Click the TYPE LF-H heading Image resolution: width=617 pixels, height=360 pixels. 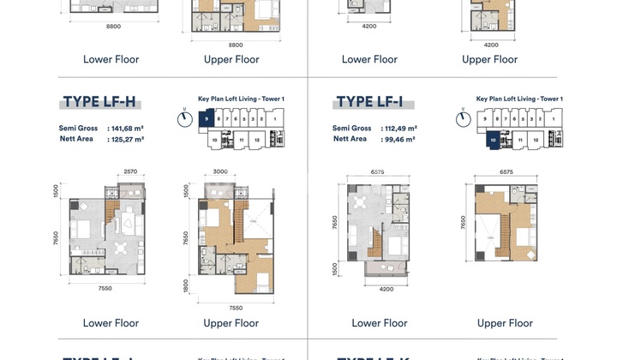[99, 103]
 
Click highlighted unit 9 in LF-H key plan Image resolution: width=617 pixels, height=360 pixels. [207, 121]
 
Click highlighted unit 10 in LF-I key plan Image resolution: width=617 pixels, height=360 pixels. [492, 138]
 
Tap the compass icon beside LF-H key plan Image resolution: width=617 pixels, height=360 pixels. [183, 116]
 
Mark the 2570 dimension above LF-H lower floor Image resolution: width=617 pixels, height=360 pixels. [129, 172]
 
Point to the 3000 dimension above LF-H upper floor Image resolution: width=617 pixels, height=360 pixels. [219, 172]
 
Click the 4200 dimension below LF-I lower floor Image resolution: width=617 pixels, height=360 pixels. [386, 290]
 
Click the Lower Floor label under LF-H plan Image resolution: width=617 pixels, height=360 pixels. [111, 323]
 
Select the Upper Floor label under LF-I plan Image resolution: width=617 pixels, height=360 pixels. [505, 323]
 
